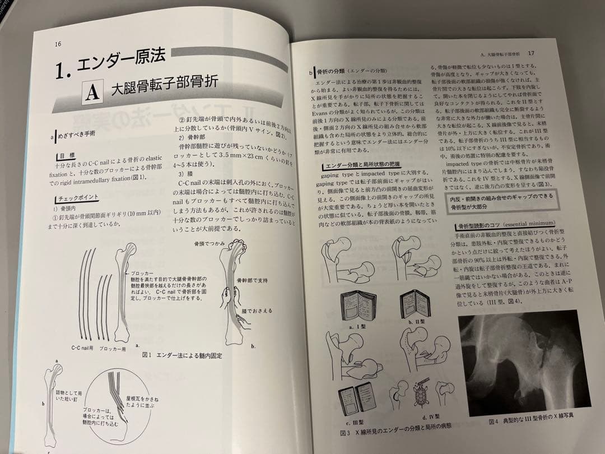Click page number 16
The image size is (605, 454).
click(x=58, y=45)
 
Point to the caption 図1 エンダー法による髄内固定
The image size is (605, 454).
click(x=183, y=355)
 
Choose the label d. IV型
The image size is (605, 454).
click(x=432, y=417)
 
